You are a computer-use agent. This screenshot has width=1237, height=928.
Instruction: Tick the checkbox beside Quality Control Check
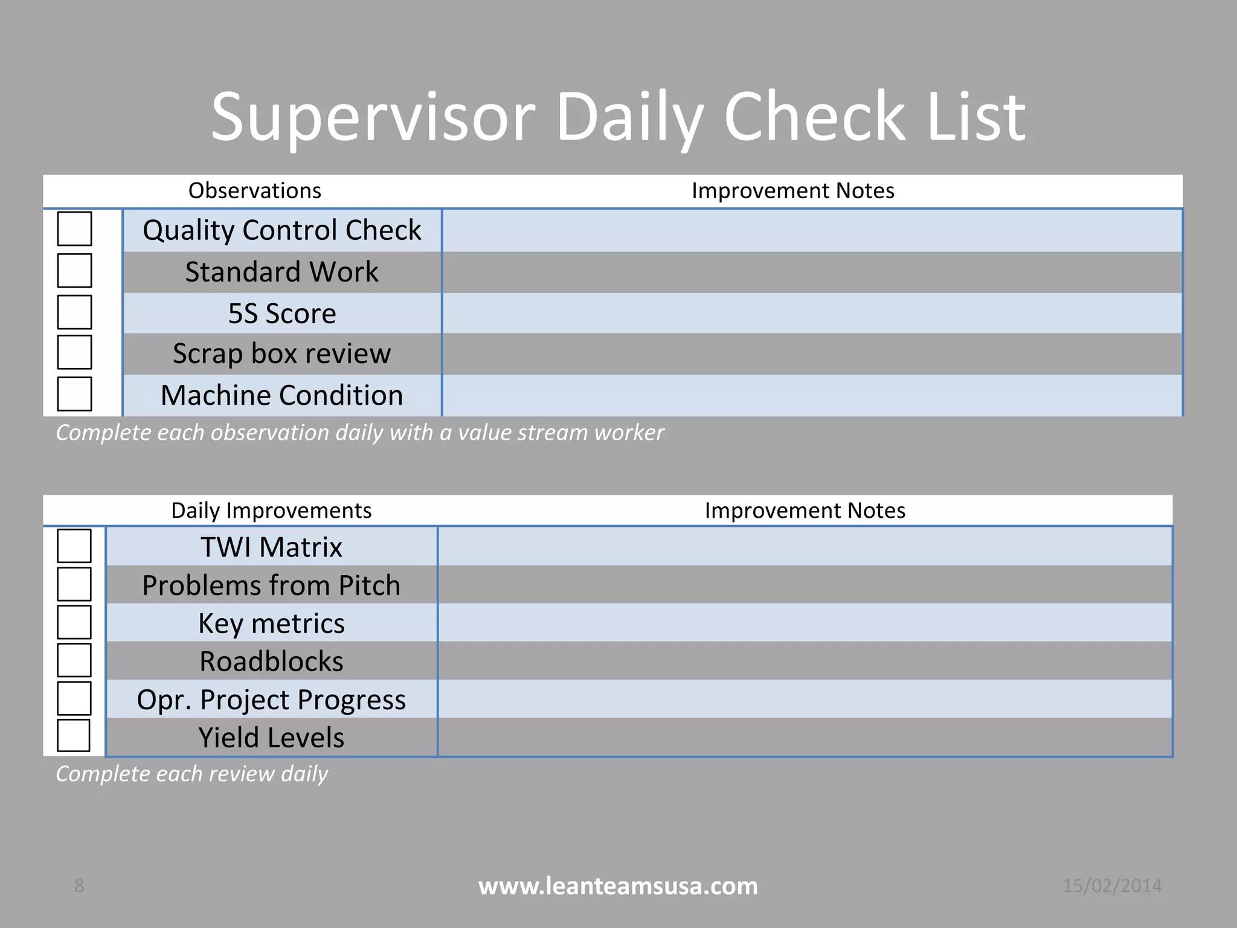[x=74, y=228]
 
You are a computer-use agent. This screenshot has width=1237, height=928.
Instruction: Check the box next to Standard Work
[x=74, y=270]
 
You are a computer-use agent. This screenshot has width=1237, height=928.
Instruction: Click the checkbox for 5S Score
[x=74, y=312]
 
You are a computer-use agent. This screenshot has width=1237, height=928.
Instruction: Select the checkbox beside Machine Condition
[x=74, y=394]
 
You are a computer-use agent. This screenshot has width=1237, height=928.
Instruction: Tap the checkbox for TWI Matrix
[x=74, y=546]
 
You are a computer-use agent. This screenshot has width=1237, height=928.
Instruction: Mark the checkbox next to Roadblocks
[x=74, y=660]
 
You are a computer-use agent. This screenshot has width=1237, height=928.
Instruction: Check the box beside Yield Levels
[x=74, y=735]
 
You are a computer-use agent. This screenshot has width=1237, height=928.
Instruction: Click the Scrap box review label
[x=281, y=353]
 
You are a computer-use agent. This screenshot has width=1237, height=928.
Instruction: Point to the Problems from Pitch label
[x=271, y=585]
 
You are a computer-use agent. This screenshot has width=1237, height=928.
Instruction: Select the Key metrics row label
[x=271, y=623]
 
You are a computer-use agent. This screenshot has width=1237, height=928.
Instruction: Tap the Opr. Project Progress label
[x=271, y=700]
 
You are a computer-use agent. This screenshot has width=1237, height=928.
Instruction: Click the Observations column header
[x=254, y=191]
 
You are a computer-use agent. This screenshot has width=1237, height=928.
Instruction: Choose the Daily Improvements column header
[x=271, y=511]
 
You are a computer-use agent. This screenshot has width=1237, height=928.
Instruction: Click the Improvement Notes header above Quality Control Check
[x=792, y=191]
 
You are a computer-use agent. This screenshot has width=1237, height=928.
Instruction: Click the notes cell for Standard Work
[x=812, y=272]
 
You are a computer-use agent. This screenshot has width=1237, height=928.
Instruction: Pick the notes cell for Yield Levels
[x=805, y=737]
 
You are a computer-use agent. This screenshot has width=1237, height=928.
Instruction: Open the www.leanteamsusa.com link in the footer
[x=618, y=886]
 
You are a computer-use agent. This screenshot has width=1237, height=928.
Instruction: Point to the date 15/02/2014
[x=1112, y=886]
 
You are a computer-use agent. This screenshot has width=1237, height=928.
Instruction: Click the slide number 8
[x=79, y=886]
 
